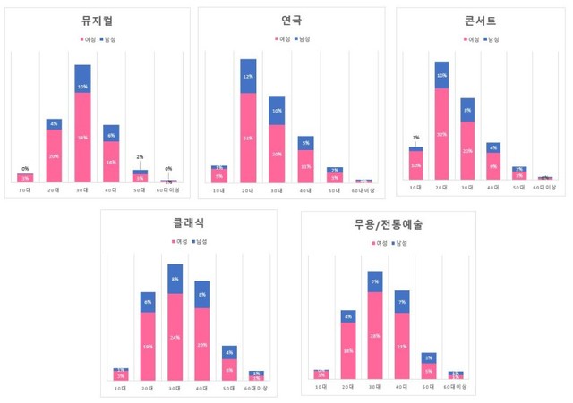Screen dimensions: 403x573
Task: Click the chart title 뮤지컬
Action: (96, 20)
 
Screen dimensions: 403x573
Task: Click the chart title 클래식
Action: (189, 222)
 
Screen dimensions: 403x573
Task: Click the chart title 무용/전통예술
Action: (388, 222)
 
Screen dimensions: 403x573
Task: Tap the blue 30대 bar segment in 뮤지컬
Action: (82, 79)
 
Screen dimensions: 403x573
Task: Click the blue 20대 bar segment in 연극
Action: (248, 76)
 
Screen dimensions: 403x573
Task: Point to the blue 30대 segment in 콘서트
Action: (467, 109)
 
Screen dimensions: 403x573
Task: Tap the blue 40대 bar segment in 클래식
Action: (201, 294)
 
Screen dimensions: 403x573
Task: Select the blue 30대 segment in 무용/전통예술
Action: (375, 281)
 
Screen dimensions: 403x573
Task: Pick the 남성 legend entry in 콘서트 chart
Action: (494, 39)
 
